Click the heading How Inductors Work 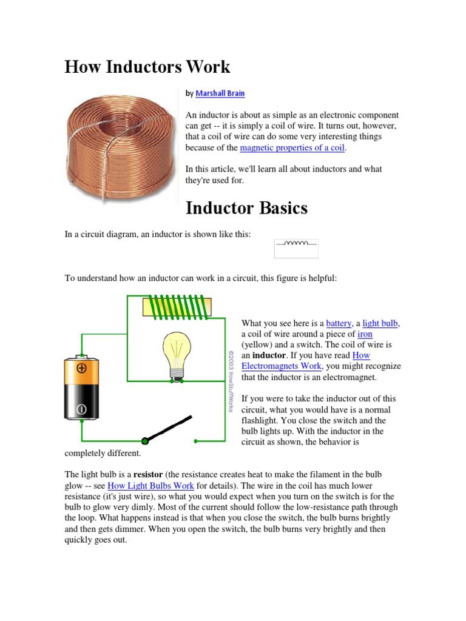(147, 66)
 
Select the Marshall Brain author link (220, 94)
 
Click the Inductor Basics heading (246, 208)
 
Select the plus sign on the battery (81, 368)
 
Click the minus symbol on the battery (81, 410)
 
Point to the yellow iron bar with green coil (177, 307)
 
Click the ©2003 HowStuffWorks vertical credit (231, 381)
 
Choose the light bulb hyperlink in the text (380, 323)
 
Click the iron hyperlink (365, 334)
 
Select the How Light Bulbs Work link (150, 486)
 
